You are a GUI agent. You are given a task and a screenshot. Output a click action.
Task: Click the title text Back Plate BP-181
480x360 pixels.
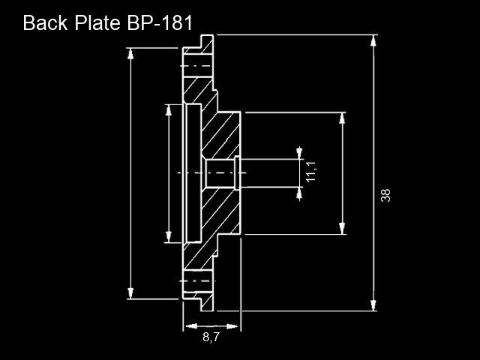108,22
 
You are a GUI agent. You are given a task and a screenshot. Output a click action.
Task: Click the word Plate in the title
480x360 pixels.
97,22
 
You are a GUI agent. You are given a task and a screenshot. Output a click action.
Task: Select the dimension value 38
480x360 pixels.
385,195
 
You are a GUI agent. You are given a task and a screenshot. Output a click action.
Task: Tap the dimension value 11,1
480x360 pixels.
311,172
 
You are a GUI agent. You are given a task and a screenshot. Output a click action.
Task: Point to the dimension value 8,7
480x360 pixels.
211,337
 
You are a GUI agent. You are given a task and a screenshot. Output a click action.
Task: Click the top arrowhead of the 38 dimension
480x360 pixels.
373,40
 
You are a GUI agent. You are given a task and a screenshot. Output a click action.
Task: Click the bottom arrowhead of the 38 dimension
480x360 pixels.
373,305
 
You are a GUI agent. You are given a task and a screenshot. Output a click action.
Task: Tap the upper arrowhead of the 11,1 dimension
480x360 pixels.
299,153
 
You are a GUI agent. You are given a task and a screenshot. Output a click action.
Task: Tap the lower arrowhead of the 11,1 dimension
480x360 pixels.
299,193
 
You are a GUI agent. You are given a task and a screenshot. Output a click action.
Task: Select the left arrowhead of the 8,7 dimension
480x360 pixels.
191,326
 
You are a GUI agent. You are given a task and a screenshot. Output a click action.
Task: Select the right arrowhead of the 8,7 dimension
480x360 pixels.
232,326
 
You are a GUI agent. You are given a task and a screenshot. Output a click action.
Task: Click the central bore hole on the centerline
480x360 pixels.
220,173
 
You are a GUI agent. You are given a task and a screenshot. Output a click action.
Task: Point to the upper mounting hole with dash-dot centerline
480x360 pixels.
198,66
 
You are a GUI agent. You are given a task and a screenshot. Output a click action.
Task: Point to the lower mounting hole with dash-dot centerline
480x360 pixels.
198,281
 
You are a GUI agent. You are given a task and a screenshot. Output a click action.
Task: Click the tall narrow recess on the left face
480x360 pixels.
194,173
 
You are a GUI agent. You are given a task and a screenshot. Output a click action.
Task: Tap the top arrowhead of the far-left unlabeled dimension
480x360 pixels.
130,54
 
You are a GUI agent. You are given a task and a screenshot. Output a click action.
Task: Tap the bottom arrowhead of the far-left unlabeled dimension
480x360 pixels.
130,293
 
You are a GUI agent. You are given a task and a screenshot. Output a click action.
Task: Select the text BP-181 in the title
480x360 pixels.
160,22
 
